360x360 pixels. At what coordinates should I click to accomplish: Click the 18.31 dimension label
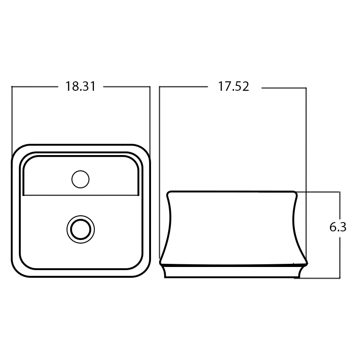tap(80, 87)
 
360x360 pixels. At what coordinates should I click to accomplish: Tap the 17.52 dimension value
tap(234, 87)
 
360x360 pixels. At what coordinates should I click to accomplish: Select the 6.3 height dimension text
tap(338, 227)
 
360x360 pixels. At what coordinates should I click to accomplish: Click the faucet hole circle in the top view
tap(80, 179)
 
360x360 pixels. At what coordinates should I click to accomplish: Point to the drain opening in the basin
tap(80, 229)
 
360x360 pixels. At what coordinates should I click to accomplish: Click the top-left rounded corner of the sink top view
tap(17, 150)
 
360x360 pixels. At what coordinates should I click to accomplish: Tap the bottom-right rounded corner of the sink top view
tap(145, 271)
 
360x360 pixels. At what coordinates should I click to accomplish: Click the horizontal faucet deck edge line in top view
tap(81, 196)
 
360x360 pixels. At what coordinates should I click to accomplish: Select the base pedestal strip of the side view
tap(233, 271)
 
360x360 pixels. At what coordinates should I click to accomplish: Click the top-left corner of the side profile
tap(168, 193)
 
